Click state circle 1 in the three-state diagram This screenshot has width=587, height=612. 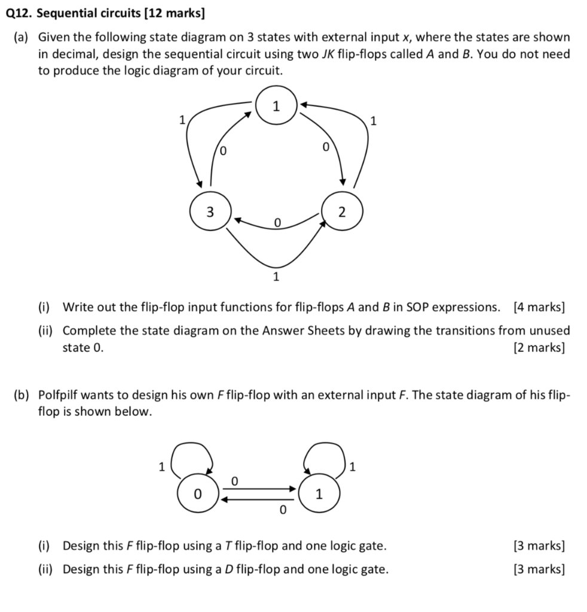coord(276,107)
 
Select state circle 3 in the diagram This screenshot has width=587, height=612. coord(209,212)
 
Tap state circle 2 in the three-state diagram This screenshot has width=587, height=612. coord(342,212)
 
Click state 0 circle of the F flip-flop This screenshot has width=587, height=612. coord(197,494)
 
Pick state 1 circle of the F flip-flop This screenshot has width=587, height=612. coord(319,494)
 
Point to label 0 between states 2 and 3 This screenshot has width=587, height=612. coord(277,222)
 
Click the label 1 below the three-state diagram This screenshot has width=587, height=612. coord(276,277)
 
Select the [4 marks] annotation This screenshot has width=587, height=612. coord(538,307)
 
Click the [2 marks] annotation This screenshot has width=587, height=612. coord(538,347)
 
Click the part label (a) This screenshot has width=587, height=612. coord(23,37)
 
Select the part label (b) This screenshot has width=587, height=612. coord(23,395)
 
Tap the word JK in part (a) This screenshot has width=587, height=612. coord(328,54)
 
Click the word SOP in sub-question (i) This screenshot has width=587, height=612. coord(416,307)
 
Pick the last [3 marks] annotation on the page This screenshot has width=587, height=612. coord(538,568)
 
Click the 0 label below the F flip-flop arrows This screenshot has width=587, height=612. coord(283,510)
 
